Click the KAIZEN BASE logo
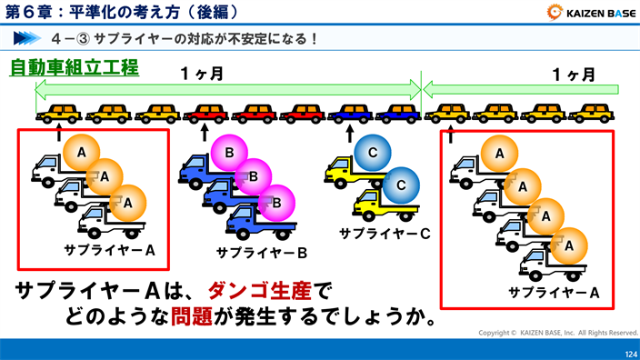tap(590, 13)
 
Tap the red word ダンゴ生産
tap(259, 291)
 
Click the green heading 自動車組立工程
tap(75, 68)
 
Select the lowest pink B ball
tap(278, 199)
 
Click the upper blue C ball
tap(371, 153)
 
